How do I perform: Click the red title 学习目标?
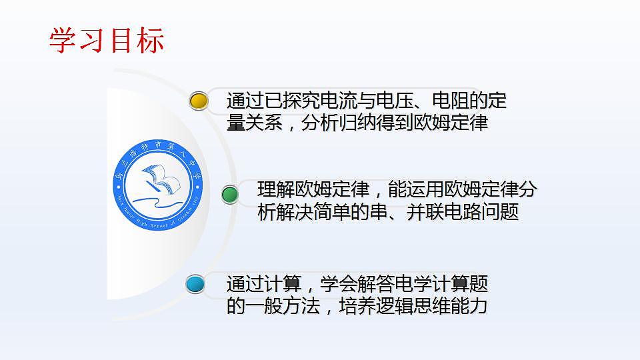[x=107, y=41]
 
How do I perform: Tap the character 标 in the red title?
[x=150, y=41]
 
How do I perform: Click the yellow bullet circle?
[x=199, y=101]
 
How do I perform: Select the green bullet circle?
[x=230, y=195]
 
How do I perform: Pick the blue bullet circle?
[x=196, y=285]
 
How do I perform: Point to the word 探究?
[x=302, y=101]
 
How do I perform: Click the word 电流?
[x=339, y=101]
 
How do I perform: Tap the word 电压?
[x=395, y=101]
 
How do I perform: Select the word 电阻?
[x=451, y=101]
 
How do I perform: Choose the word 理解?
[x=276, y=190]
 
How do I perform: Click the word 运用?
[x=425, y=190]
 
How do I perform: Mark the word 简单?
[x=332, y=213]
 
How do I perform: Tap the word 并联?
[x=425, y=213]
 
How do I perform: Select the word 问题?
[x=500, y=213]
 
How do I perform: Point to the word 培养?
[x=358, y=306]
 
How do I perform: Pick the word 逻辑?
[x=395, y=306]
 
